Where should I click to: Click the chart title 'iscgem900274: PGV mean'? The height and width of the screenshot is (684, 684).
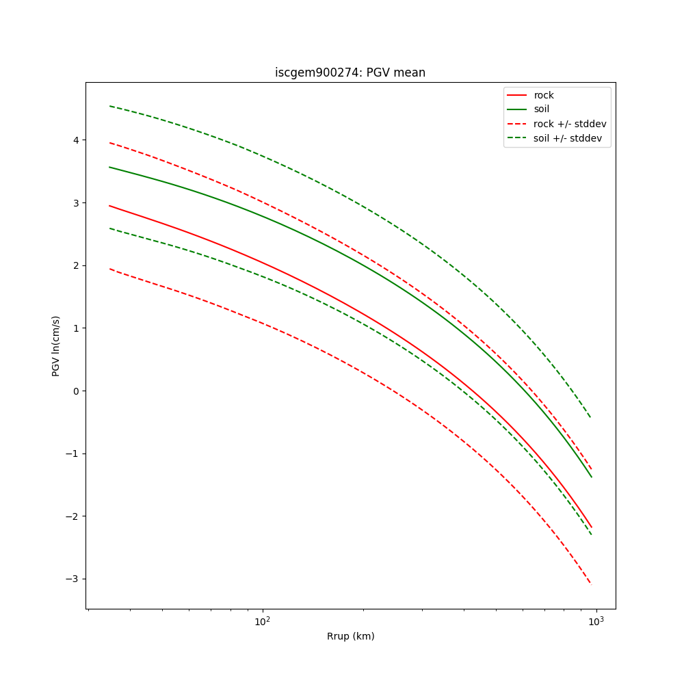click(350, 73)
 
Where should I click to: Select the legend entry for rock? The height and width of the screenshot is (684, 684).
click(544, 95)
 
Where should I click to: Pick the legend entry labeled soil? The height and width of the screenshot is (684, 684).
click(542, 109)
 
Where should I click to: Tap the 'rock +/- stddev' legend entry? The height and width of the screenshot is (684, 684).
click(570, 124)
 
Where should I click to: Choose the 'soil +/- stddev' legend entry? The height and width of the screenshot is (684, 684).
click(570, 138)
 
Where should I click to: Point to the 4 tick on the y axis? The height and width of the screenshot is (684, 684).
click(75, 140)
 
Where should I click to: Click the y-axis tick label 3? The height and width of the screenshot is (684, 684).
click(75, 203)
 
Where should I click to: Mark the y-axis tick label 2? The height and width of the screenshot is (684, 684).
click(75, 265)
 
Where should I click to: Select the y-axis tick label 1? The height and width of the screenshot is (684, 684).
click(75, 328)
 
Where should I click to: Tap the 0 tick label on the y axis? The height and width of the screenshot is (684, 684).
click(75, 391)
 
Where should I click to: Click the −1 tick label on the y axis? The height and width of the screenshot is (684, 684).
click(73, 453)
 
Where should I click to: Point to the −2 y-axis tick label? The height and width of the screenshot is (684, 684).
click(73, 516)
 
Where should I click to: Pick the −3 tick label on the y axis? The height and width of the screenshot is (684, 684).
click(73, 579)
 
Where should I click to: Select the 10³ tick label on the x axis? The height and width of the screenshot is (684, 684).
click(596, 621)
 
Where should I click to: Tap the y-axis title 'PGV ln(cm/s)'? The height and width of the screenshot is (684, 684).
click(56, 346)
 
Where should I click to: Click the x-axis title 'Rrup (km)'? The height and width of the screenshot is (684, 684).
click(350, 636)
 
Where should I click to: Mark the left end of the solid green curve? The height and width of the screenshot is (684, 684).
click(109, 167)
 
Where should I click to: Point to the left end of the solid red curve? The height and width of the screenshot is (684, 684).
click(109, 205)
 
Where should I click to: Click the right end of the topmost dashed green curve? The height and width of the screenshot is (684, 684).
click(591, 418)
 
